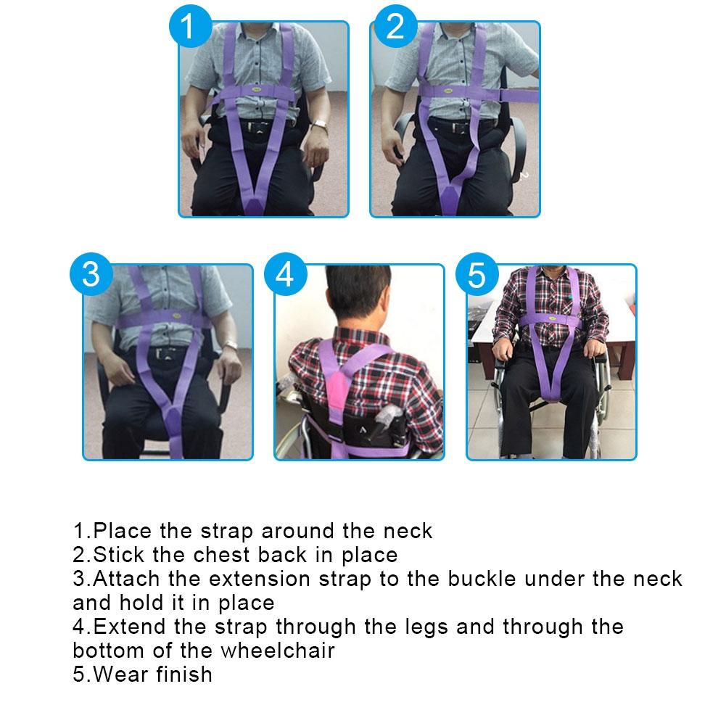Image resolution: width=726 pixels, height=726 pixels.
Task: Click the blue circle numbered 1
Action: pyautogui.click(x=189, y=27)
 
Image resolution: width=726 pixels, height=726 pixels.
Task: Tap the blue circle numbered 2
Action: pyautogui.click(x=395, y=27)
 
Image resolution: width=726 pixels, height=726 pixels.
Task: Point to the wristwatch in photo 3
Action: pyautogui.click(x=230, y=345)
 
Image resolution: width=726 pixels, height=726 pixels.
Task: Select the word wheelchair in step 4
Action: pyautogui.click(x=279, y=650)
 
